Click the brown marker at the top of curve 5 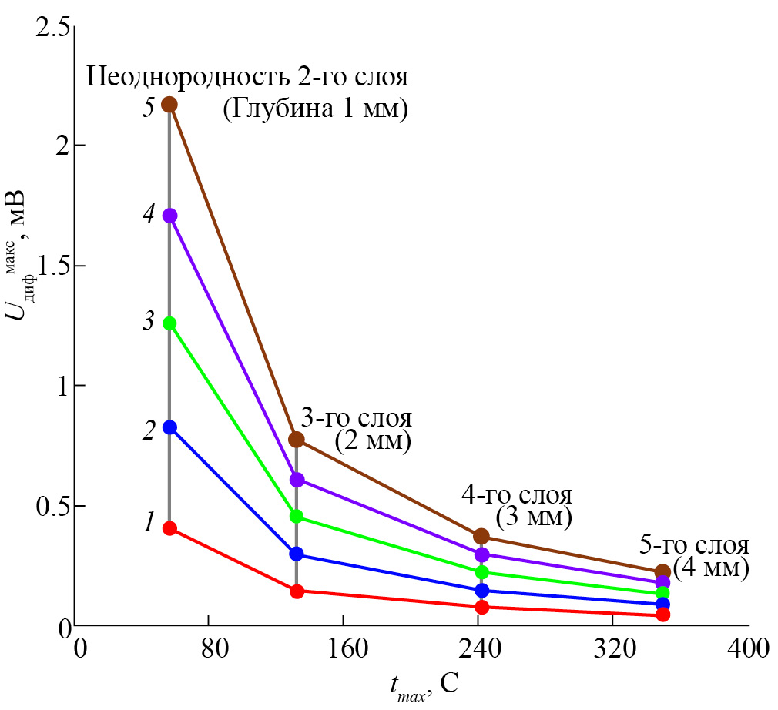point(169,105)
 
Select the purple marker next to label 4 point(169,216)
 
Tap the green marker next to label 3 point(169,323)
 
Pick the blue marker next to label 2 point(169,427)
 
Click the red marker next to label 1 point(169,528)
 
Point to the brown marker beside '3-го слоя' point(297,440)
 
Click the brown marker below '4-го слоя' point(482,536)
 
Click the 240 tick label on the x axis point(478,648)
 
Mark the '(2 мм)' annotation point(373,442)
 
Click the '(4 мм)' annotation point(710,569)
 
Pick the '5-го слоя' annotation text point(694,545)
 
